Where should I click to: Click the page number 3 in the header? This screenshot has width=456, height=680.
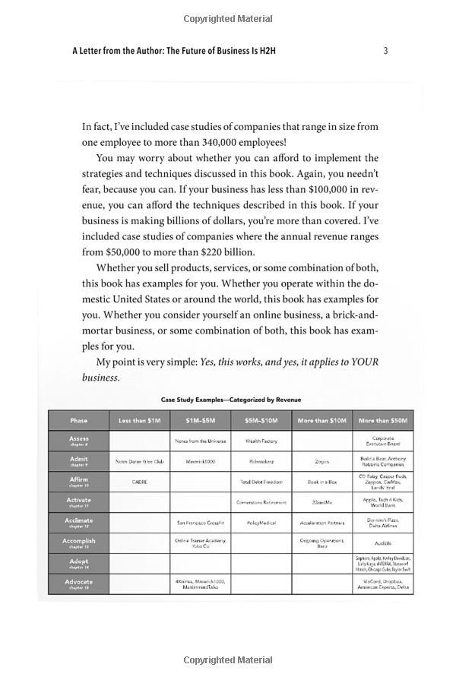386,51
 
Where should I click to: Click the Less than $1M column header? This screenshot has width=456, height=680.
139,420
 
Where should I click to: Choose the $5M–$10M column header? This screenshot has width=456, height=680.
261,420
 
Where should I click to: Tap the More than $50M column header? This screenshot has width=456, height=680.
383,420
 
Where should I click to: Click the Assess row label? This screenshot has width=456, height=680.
79,441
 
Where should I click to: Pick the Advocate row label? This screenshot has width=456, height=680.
79,584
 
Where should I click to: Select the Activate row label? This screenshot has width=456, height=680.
79,501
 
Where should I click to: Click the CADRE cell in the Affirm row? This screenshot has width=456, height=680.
139,482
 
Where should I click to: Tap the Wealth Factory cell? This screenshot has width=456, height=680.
261,441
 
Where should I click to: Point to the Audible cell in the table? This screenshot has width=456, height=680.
383,543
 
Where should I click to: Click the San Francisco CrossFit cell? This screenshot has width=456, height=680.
200,523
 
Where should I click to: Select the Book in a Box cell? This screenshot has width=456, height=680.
321,482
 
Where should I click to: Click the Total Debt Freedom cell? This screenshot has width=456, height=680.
261,482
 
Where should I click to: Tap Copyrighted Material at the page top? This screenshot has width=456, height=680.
228,18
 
